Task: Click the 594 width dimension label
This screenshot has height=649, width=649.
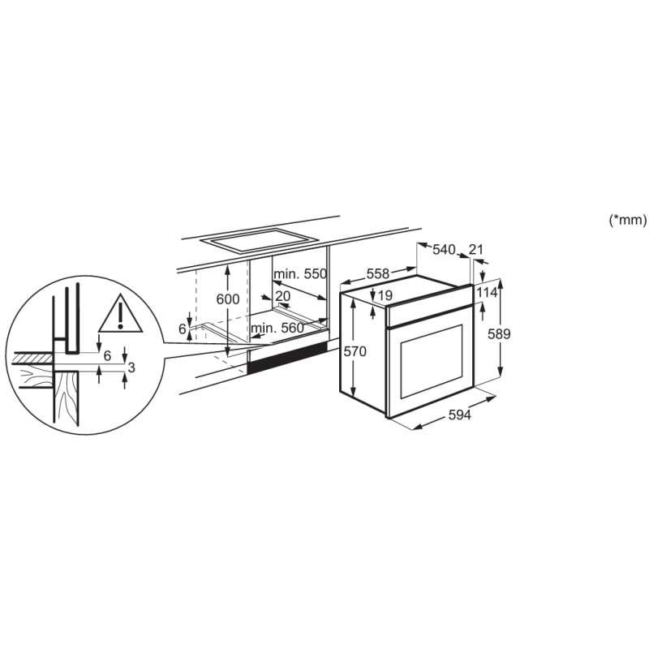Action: (x=459, y=415)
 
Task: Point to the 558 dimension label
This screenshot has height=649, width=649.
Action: (x=379, y=275)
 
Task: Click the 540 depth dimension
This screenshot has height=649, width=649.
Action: (x=444, y=250)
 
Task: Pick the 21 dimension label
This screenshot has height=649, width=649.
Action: (x=476, y=249)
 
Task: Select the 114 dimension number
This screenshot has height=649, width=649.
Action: (x=487, y=293)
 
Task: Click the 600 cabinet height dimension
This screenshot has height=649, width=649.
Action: (x=228, y=299)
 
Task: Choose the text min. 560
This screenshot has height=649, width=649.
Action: (x=277, y=327)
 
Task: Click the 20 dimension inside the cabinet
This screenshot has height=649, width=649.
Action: (x=282, y=296)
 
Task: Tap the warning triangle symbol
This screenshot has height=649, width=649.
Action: (x=119, y=315)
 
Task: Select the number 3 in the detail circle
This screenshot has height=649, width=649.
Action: (x=131, y=367)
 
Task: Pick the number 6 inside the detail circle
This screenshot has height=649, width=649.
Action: (x=106, y=356)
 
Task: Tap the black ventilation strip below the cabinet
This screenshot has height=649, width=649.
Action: (x=288, y=359)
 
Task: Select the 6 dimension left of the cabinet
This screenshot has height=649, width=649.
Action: (x=183, y=329)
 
